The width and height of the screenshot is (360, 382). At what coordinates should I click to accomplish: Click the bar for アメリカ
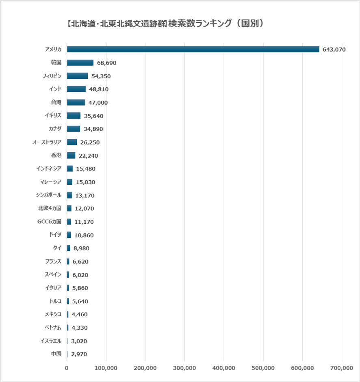tap(193, 49)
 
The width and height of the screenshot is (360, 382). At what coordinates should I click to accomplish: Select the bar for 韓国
tap(80, 63)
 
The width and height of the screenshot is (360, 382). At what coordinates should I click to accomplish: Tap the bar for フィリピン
tap(77, 76)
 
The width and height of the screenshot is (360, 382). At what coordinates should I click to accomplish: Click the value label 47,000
tap(98, 103)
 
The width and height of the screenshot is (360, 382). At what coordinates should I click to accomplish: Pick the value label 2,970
tap(79, 354)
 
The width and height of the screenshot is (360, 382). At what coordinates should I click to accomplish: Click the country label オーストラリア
tap(47, 142)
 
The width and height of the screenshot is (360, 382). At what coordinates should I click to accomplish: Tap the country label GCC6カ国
tap(49, 222)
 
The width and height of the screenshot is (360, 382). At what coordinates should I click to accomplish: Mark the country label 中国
tap(56, 354)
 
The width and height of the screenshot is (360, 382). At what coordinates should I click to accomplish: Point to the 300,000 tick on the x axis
tap(185, 368)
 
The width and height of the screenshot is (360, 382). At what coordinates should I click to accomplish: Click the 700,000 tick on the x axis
tap(342, 368)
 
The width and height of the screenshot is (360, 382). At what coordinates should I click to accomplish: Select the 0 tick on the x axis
tap(67, 368)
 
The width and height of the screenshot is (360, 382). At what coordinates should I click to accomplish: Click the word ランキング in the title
tap(213, 23)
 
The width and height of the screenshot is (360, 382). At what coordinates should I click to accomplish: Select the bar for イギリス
tap(74, 116)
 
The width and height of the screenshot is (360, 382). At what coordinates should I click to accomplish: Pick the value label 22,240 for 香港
tap(89, 156)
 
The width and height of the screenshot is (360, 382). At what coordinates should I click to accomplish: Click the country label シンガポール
tap(48, 195)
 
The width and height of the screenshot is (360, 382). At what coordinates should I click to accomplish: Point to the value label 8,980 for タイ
tap(81, 248)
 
